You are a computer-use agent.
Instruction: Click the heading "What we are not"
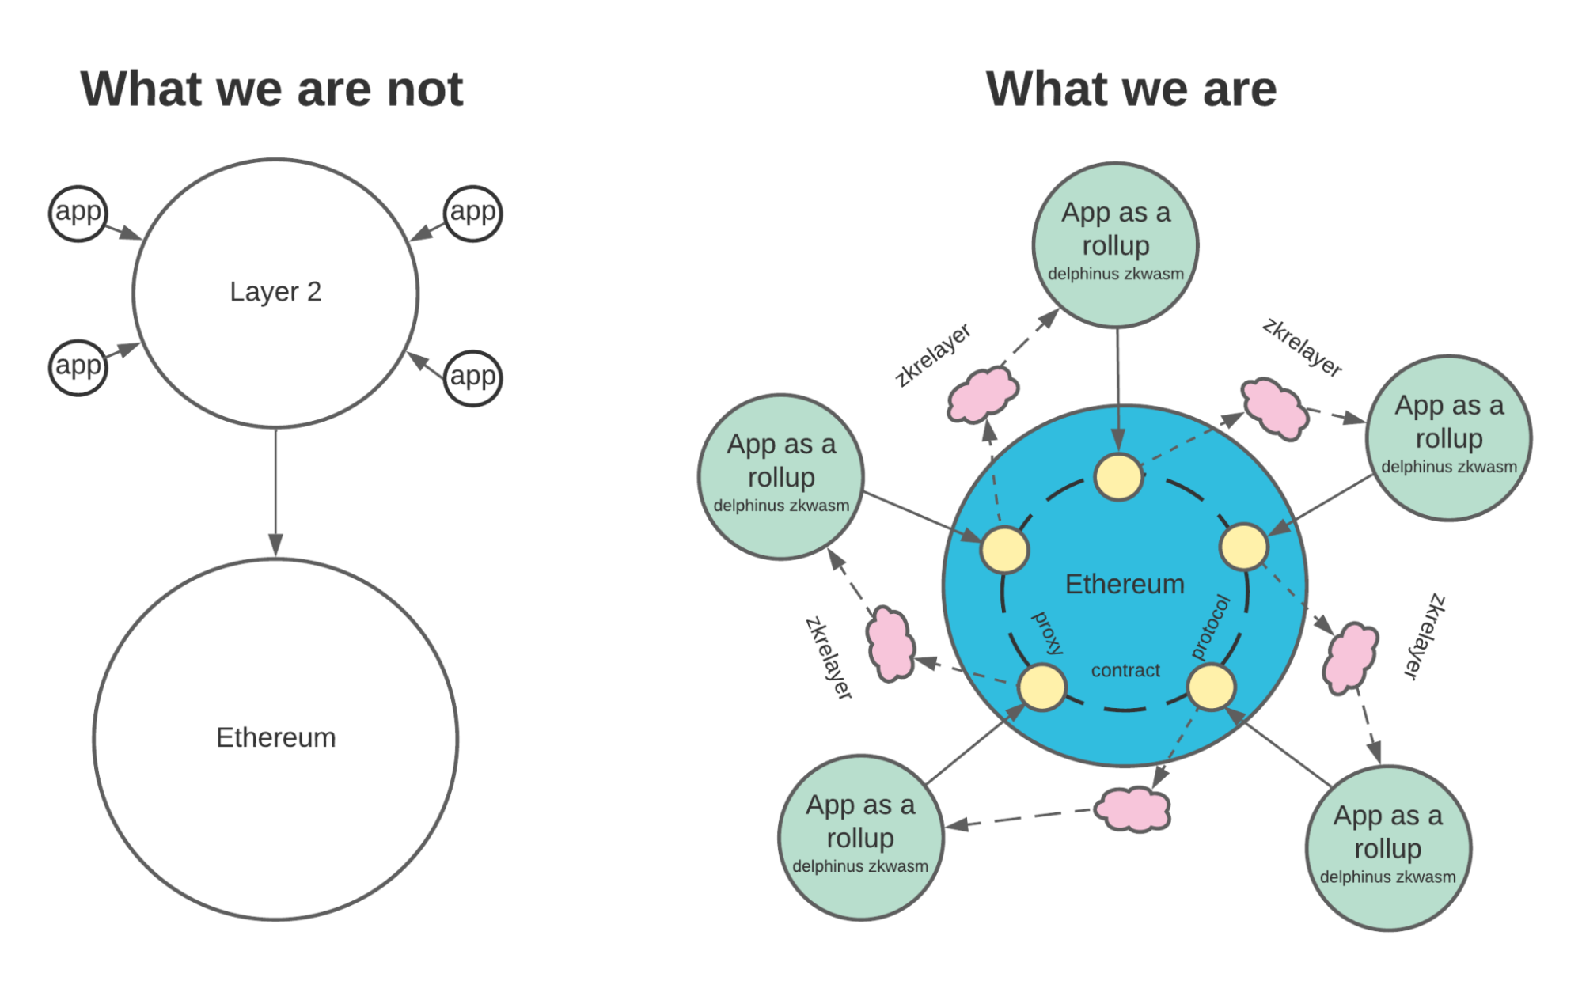click(x=271, y=89)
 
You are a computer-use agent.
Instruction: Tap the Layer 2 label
click(x=275, y=292)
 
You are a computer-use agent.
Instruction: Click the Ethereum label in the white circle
click(x=275, y=737)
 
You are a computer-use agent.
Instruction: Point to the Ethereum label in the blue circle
click(x=1125, y=584)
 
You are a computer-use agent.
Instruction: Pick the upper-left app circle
click(x=78, y=213)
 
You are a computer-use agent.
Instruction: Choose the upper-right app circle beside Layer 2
click(x=472, y=213)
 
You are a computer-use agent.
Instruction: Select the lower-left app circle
click(x=78, y=366)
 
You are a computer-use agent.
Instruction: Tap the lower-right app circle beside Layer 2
click(x=472, y=377)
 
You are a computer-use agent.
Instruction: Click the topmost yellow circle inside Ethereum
click(x=1117, y=477)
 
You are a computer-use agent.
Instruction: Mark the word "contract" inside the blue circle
click(x=1125, y=671)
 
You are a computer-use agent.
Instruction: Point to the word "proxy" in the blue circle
click(x=1049, y=633)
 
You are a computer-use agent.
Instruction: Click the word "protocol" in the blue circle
click(x=1211, y=627)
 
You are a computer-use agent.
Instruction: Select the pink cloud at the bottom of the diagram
click(x=1132, y=809)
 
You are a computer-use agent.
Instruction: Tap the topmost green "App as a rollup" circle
click(x=1115, y=244)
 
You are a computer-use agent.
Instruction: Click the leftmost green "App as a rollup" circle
click(x=780, y=476)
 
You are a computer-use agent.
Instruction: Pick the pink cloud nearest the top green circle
click(x=982, y=393)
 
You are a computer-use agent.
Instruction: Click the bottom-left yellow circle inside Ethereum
click(x=1041, y=687)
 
